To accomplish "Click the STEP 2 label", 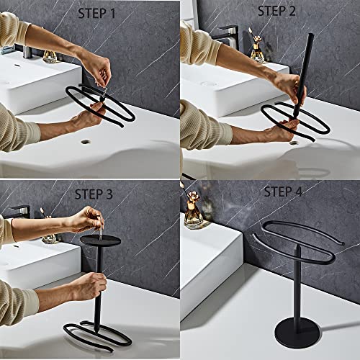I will coord(276,11).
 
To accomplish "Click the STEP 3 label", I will coord(99,192).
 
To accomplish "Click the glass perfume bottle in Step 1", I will coord(50,54).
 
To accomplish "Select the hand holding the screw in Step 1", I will coord(99,72).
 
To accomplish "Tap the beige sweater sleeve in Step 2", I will coord(202,122).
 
